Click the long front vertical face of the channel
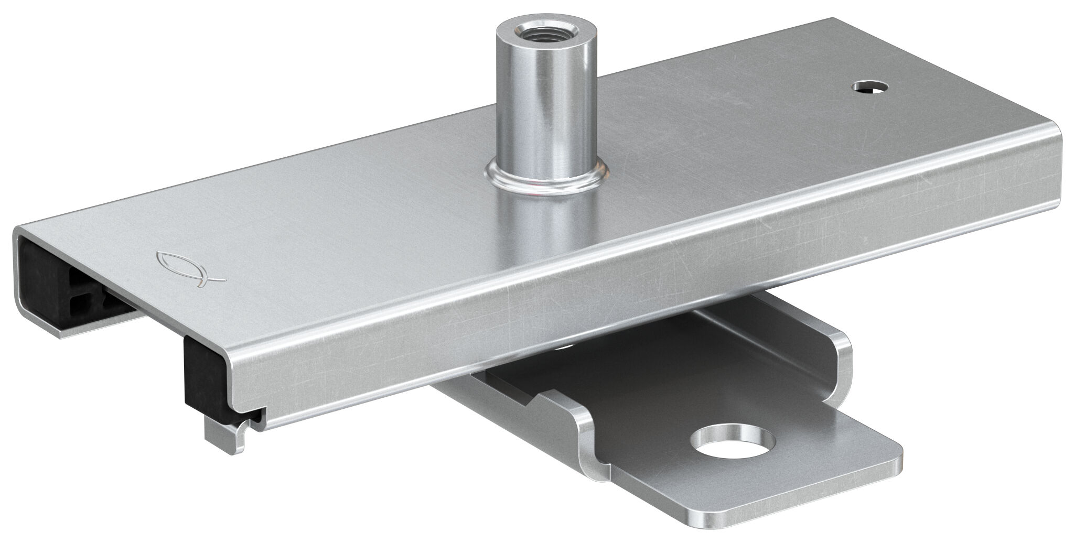pyautogui.click(x=629, y=294)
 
